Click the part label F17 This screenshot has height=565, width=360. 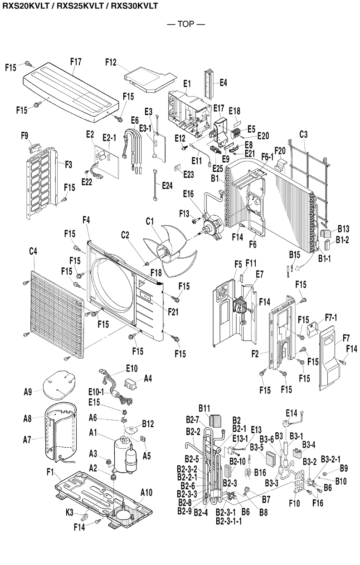pyautogui.click(x=76, y=61)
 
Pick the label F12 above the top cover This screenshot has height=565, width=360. pyautogui.click(x=111, y=62)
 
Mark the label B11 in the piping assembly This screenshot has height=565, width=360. pyautogui.click(x=204, y=408)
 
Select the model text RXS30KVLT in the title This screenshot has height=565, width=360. pyautogui.click(x=134, y=6)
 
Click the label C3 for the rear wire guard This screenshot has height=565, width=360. pyautogui.click(x=304, y=135)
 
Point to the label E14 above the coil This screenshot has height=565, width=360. pyautogui.click(x=292, y=413)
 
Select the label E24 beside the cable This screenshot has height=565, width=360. pyautogui.click(x=167, y=185)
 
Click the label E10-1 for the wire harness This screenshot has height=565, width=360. pyautogui.click(x=96, y=391)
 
